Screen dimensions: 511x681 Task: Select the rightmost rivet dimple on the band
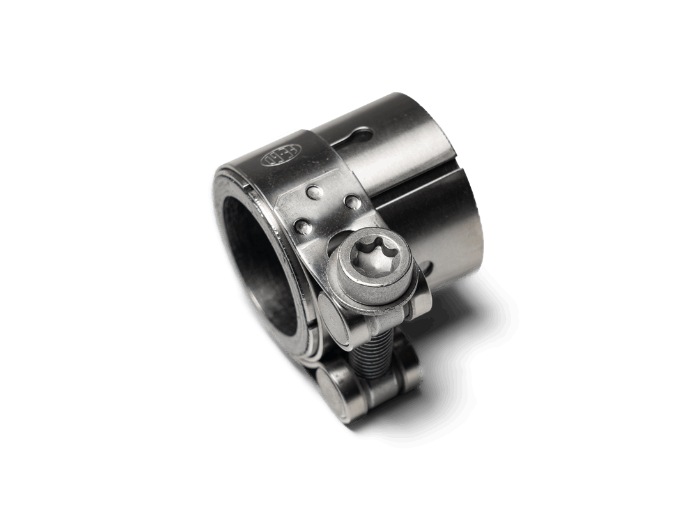point(351,202)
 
